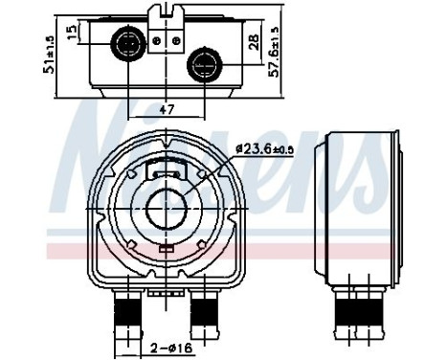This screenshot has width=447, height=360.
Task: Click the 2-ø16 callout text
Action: click(x=167, y=349)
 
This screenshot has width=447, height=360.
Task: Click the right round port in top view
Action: click(x=203, y=64)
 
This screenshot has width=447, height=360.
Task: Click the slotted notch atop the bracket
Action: click(x=167, y=12)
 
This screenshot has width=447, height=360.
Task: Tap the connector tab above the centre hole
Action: click(x=168, y=173)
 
